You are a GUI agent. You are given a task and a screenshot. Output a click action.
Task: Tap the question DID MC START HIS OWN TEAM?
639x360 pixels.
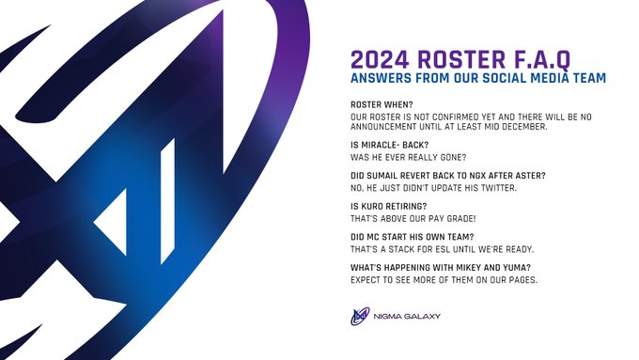(x=413, y=235)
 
